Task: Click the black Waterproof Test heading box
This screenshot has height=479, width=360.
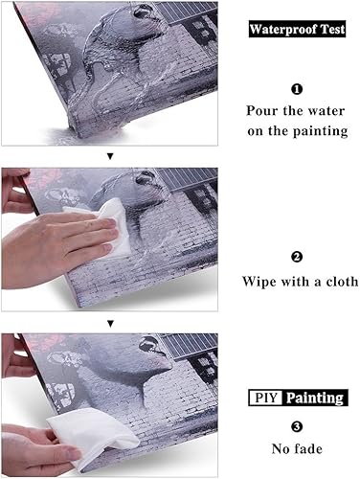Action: coord(296,30)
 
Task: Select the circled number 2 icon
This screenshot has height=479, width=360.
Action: coord(296,257)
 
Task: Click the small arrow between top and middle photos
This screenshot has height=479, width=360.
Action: coord(110,154)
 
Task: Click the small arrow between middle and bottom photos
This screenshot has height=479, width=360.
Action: coord(110,324)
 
